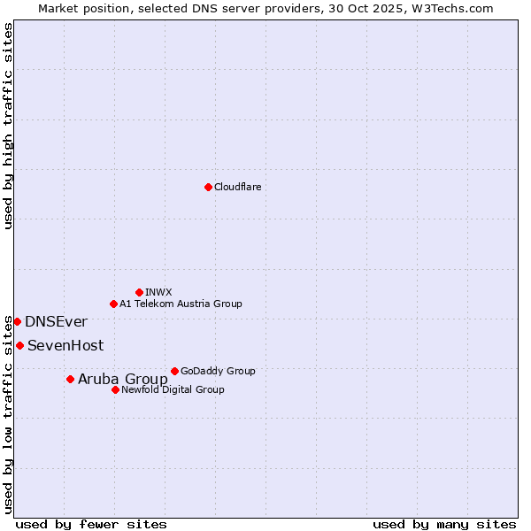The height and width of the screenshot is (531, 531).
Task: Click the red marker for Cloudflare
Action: [x=208, y=187]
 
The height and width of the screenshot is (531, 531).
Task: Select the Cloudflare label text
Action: [x=237, y=187]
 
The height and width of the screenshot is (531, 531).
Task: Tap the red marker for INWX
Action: [x=139, y=292]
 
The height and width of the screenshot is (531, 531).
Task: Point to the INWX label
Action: [x=158, y=292]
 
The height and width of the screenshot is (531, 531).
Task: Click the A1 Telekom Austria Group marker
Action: [x=113, y=304]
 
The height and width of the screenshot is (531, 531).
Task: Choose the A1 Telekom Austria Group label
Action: [x=181, y=304]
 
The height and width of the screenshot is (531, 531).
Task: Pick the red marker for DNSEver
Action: [x=17, y=321]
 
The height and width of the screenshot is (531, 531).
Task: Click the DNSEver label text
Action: [x=56, y=322]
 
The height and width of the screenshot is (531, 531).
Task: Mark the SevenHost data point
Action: [x=19, y=345]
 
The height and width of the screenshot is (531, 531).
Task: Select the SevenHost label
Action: [x=65, y=346]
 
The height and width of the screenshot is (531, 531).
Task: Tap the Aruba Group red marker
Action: [x=70, y=379]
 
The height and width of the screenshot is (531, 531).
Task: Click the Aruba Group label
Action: [x=122, y=380]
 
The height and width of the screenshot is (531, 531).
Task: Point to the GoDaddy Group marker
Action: [x=174, y=371]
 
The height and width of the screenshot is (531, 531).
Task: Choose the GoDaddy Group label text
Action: [x=218, y=371]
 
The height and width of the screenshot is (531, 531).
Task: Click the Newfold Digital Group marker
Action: [x=115, y=389]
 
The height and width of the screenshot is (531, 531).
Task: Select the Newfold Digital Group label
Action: [x=173, y=389]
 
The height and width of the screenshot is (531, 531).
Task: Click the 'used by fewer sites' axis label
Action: [x=91, y=524]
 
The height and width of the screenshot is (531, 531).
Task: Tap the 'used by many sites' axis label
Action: [x=444, y=524]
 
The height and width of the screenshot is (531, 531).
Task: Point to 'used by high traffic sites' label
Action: [x=9, y=126]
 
